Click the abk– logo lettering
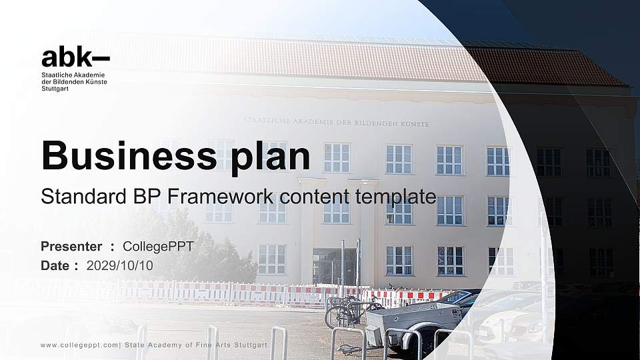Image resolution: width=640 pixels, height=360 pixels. coord(75,57)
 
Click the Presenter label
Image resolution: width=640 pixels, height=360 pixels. coord(71,247)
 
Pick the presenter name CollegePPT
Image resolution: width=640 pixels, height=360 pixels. coord(158,247)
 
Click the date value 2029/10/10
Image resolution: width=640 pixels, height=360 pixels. coord(120,265)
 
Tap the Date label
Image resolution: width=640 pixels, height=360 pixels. coord(55,265)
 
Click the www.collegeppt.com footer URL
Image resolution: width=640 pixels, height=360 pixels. coord(79,345)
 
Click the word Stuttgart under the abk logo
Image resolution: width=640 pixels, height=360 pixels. coord(55,88)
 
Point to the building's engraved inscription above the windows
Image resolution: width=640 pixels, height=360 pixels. coord(336,123)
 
